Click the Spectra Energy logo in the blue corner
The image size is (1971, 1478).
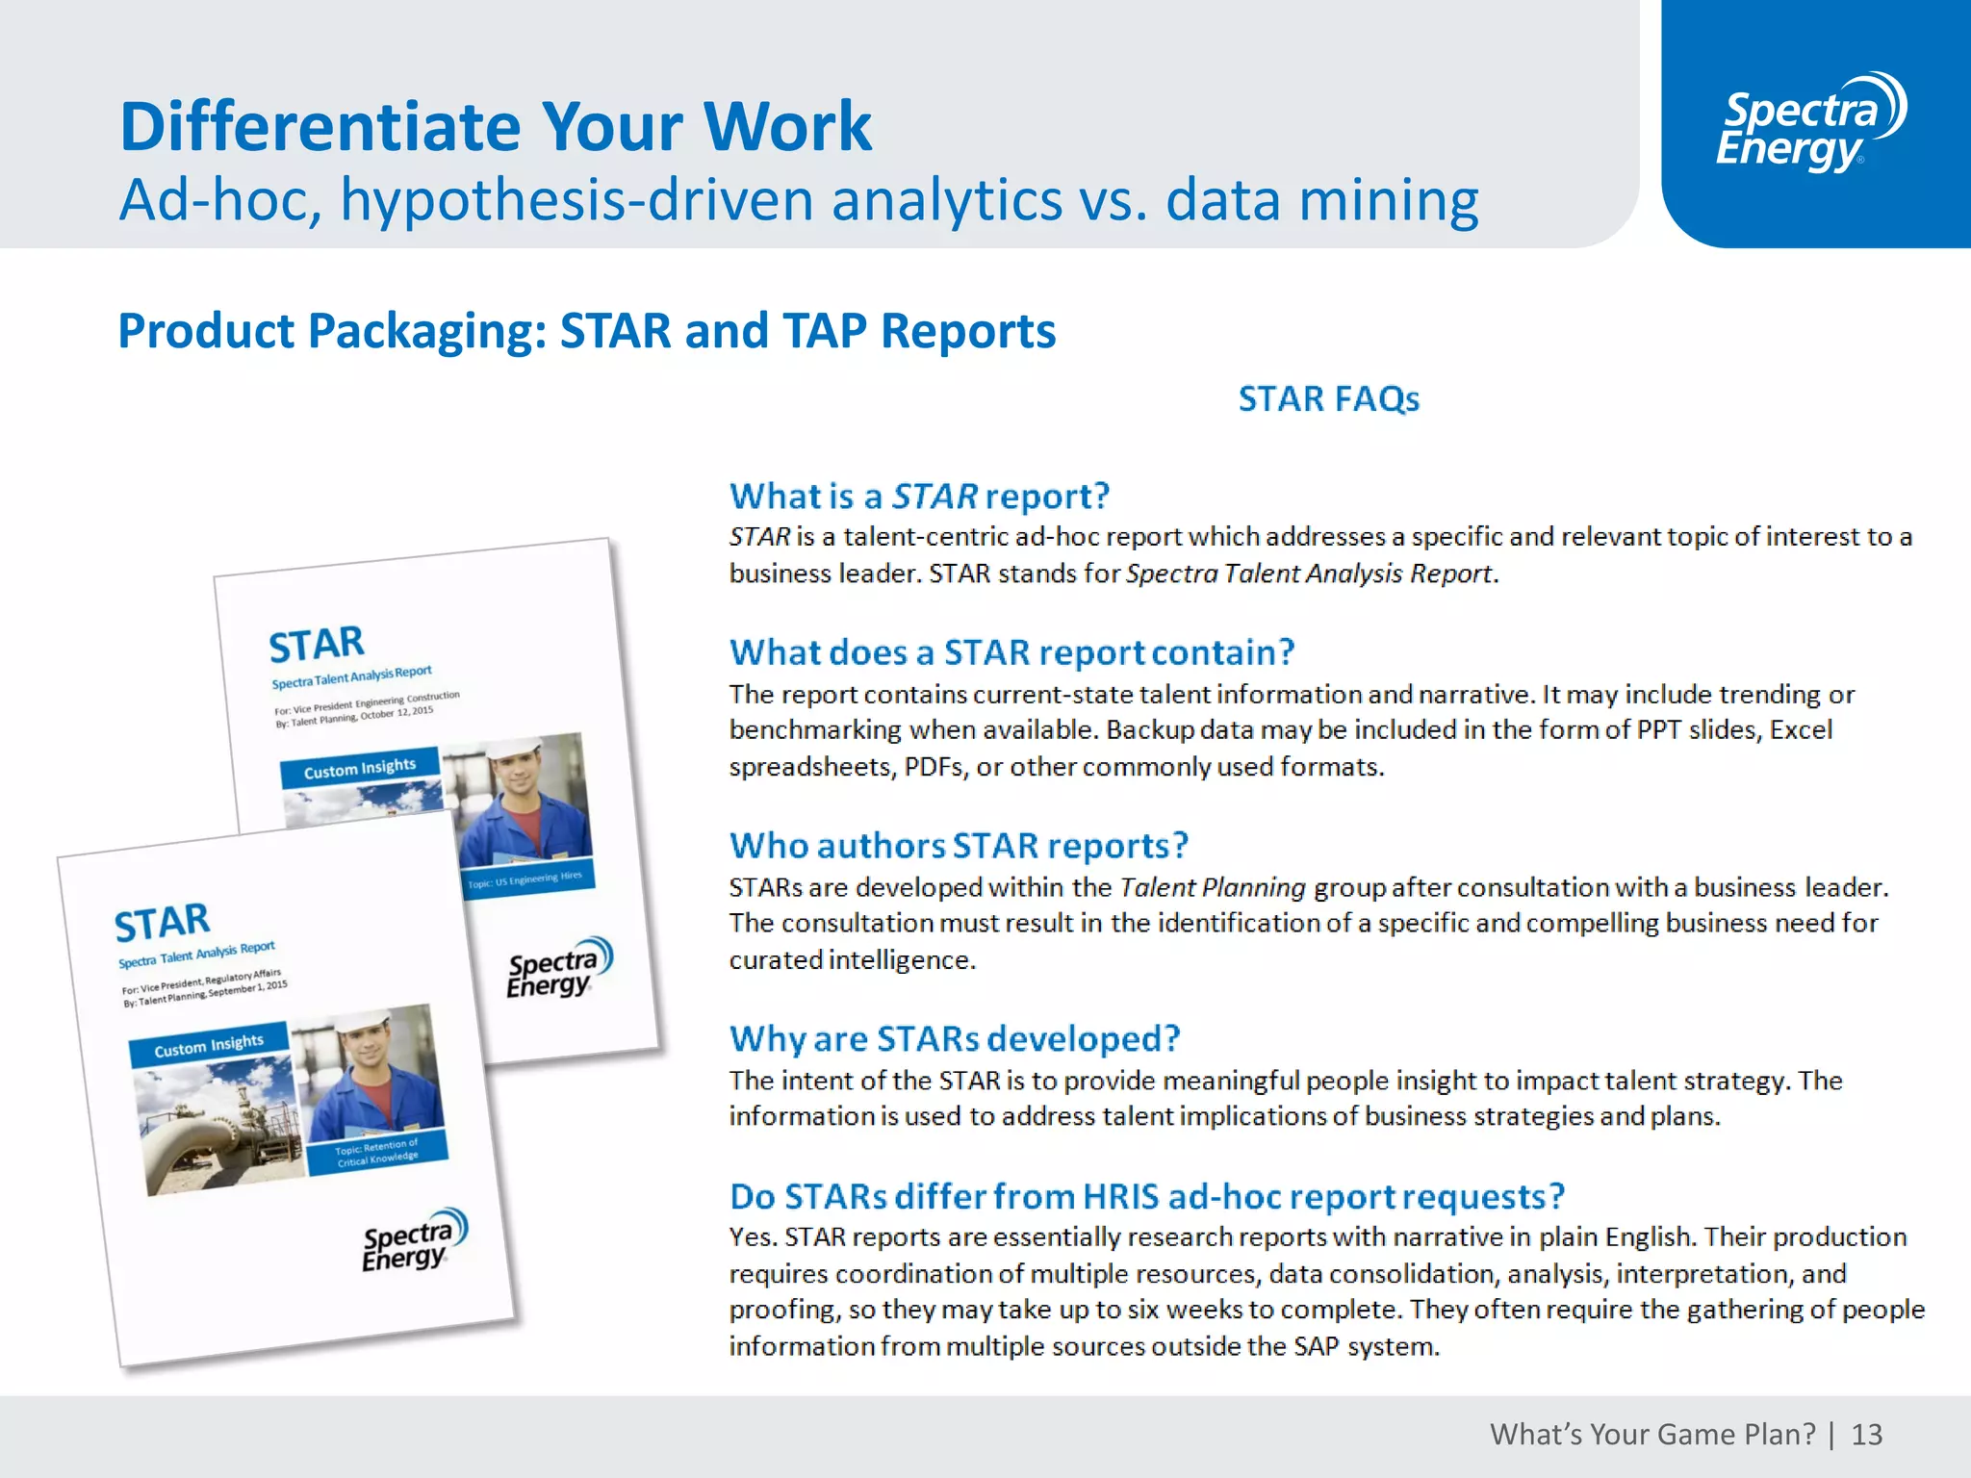click(x=1810, y=123)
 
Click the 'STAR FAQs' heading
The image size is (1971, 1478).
click(x=1328, y=398)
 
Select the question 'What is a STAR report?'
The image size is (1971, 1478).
click(x=919, y=497)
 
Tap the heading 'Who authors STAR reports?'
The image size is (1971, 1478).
click(x=959, y=846)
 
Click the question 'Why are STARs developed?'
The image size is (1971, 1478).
click(x=954, y=1039)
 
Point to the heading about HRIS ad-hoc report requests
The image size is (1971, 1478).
click(x=1146, y=1196)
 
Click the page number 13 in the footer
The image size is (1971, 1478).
click(x=1866, y=1435)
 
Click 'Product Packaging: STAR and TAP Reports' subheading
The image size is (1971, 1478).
click(x=586, y=331)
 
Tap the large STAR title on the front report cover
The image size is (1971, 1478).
click(x=162, y=922)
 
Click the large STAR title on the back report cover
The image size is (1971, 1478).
click(x=316, y=645)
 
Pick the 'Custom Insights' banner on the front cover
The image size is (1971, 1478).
click(x=208, y=1045)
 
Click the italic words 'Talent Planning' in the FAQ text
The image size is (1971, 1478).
click(x=1213, y=887)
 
